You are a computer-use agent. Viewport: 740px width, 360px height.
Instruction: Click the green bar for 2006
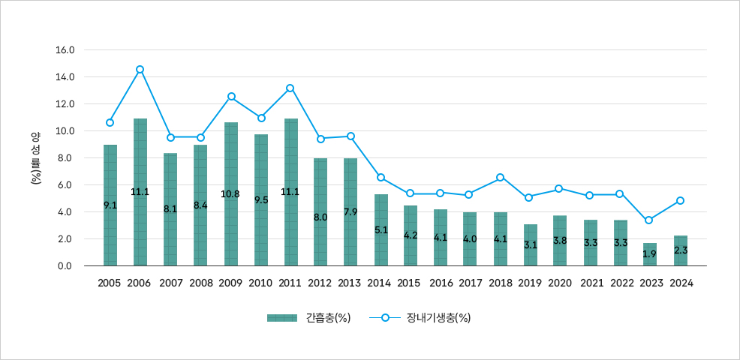click(x=140, y=192)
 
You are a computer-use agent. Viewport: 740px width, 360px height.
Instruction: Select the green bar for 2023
click(x=650, y=254)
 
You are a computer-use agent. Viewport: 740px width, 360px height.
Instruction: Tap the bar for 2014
click(x=381, y=230)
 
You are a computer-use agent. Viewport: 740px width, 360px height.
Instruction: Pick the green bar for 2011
click(x=290, y=192)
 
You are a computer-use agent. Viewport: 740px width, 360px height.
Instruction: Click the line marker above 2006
click(x=140, y=70)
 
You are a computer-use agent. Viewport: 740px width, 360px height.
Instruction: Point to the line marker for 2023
click(x=648, y=220)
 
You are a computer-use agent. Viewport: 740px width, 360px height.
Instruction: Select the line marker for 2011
click(x=290, y=88)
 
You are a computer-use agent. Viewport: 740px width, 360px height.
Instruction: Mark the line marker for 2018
click(x=501, y=178)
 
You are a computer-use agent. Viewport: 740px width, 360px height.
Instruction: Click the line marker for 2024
click(x=680, y=201)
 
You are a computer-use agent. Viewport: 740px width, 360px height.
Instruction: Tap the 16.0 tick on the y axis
click(x=65, y=50)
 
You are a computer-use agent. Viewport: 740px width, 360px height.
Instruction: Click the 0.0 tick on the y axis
click(x=65, y=266)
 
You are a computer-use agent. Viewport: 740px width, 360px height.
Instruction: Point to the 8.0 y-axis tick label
click(x=65, y=158)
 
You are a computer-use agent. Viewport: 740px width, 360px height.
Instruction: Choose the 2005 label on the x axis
click(x=110, y=283)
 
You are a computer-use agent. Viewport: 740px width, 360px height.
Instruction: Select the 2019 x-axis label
click(x=531, y=283)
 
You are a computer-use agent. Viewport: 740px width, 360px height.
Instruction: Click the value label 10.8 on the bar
click(x=230, y=194)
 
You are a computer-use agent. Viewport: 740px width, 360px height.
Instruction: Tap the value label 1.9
click(x=650, y=254)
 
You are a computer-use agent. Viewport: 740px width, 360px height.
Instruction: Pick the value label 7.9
click(x=350, y=212)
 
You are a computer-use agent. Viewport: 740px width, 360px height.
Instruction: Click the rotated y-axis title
click(x=35, y=158)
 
